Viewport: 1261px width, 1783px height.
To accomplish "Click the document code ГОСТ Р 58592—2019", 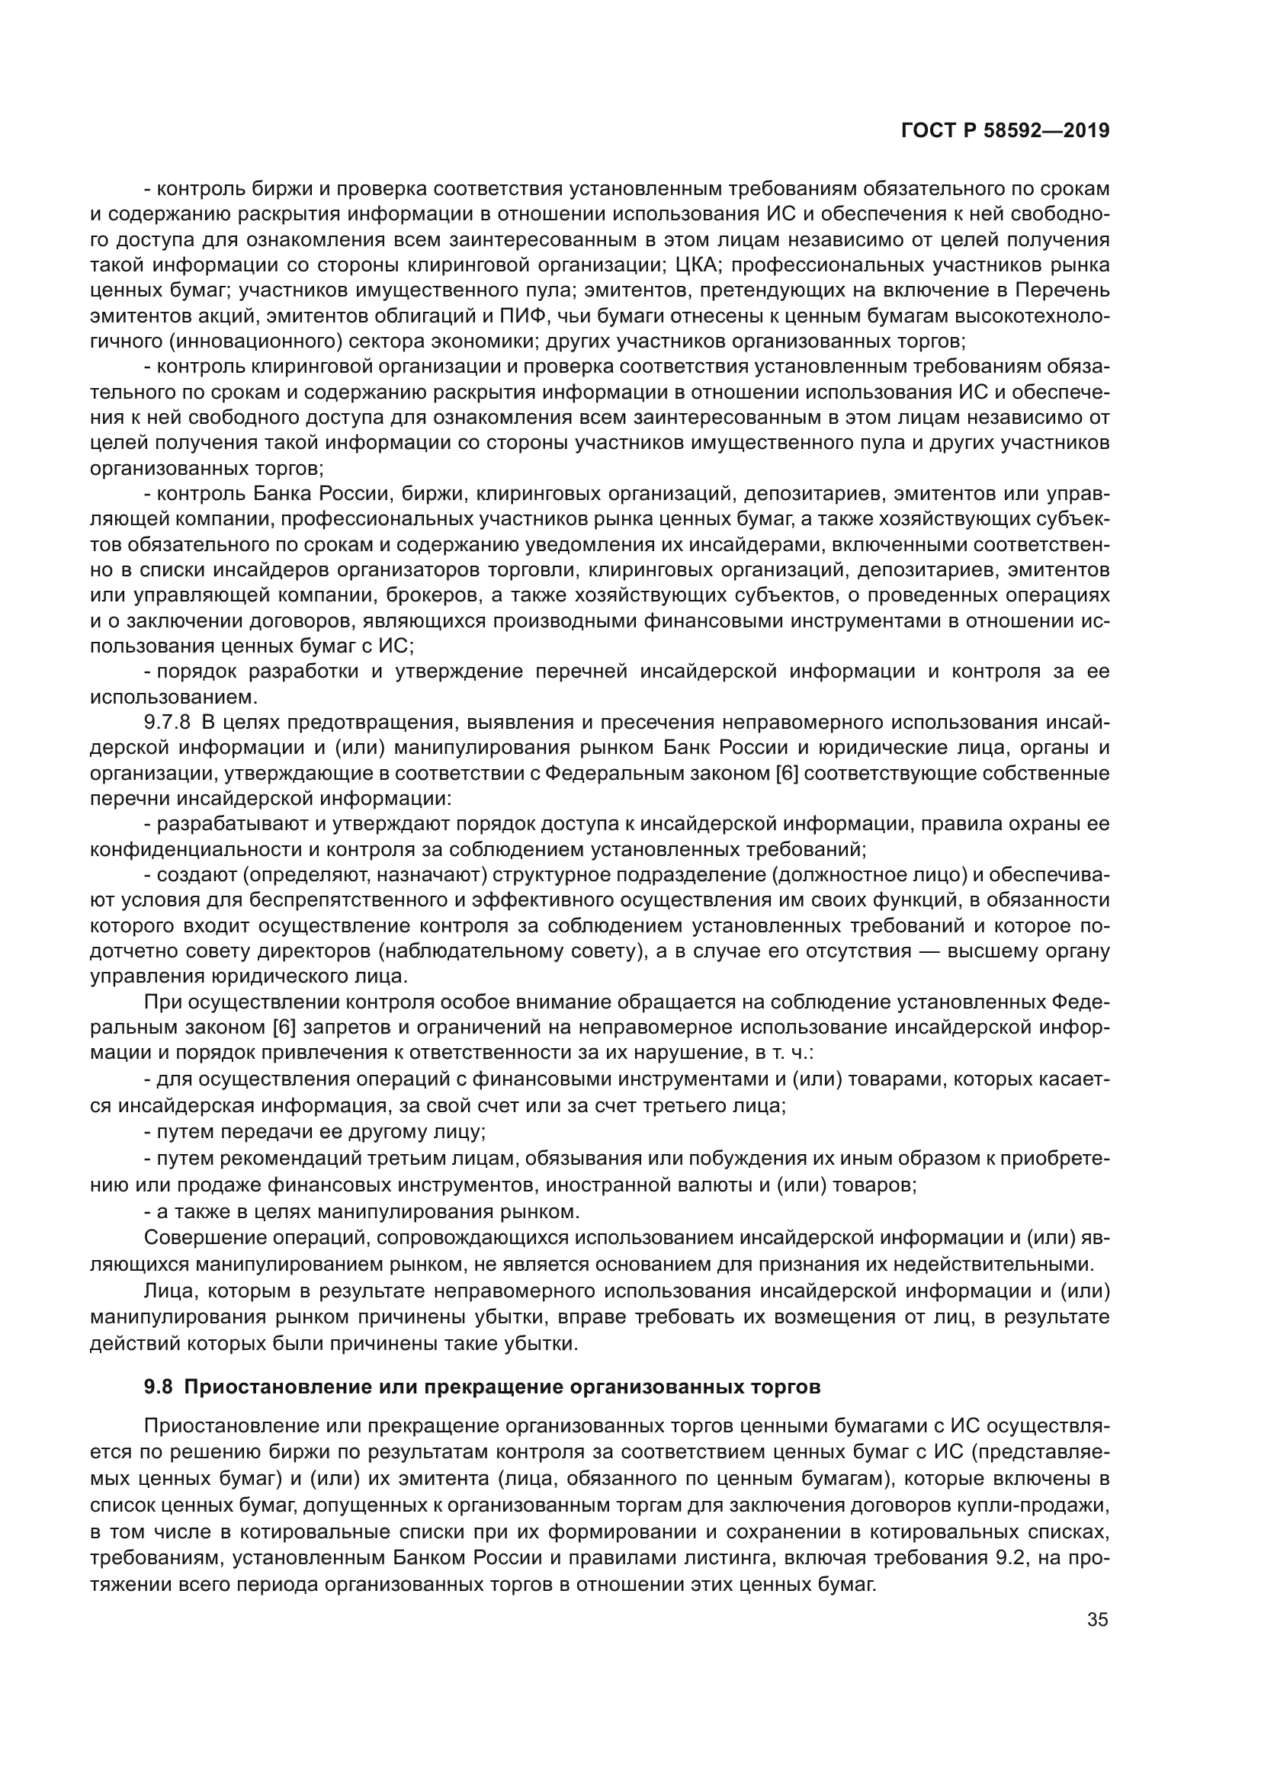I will point(1005,131).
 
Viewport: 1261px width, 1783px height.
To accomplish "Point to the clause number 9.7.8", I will point(167,722).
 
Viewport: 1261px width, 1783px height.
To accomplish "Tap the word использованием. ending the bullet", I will point(162,697).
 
